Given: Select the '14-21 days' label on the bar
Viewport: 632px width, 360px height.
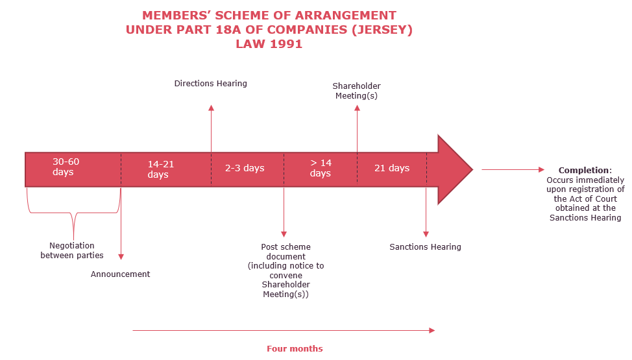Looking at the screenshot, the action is [160, 169].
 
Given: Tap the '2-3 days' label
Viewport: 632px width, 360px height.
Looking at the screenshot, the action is [245, 168].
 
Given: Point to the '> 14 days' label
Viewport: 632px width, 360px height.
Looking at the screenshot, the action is [321, 168].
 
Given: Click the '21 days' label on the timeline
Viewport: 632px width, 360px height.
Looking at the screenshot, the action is [392, 168].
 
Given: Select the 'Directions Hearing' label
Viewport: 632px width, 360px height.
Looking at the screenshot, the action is [210, 84].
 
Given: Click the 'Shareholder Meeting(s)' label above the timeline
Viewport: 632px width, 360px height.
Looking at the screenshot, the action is [357, 91].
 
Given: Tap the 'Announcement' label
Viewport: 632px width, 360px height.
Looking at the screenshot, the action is [120, 274].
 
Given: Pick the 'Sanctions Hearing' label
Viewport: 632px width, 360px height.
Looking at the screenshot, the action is [425, 246].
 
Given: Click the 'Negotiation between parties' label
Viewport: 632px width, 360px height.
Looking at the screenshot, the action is [72, 250].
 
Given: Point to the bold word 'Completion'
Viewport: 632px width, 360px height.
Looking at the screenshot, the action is [583, 170].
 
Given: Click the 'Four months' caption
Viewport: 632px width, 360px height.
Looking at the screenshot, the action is [295, 349].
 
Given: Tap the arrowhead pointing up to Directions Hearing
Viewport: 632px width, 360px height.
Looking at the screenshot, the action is [211, 108].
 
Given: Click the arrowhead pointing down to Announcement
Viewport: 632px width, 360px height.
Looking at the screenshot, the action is [121, 256].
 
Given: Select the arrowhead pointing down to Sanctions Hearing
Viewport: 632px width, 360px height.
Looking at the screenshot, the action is [426, 234].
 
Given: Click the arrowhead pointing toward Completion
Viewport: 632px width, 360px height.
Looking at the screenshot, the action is [542, 170].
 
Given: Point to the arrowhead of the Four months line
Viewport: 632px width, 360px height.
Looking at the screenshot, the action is [432, 331].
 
